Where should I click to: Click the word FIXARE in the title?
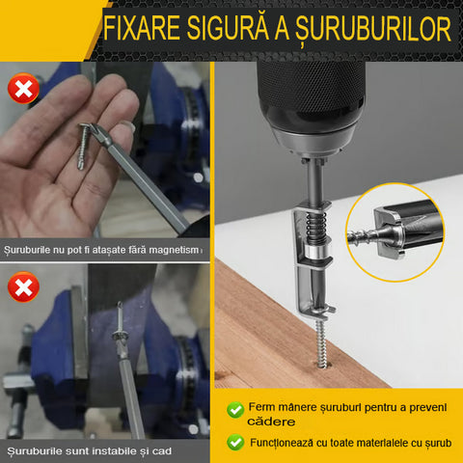pyautogui.click(x=142, y=28)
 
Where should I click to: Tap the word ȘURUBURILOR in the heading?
pyautogui.click(x=373, y=29)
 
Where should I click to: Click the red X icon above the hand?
pyautogui.click(x=23, y=88)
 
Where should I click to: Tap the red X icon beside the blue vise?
pyautogui.click(x=23, y=286)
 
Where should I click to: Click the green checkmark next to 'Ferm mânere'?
pyautogui.click(x=235, y=410)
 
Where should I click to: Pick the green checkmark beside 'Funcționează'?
pyautogui.click(x=235, y=442)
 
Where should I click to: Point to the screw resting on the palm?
pyautogui.click(x=83, y=146)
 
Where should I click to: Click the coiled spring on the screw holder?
pyautogui.click(x=316, y=228)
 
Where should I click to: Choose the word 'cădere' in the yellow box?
pyautogui.click(x=271, y=422)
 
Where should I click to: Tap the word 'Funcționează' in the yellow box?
pyautogui.click(x=282, y=443)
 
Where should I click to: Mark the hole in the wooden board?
pyautogui.click(x=322, y=365)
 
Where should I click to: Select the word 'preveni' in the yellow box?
pyautogui.click(x=428, y=408)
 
